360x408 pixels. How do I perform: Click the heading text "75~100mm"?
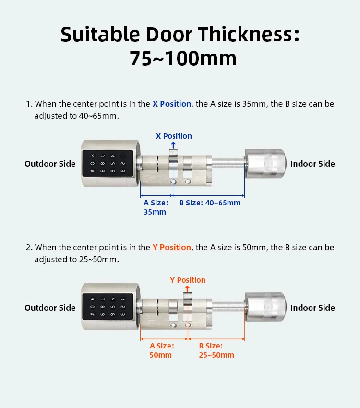[x=183, y=59]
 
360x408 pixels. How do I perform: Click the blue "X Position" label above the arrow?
[x=174, y=136]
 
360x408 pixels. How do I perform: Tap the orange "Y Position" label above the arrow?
[x=188, y=280]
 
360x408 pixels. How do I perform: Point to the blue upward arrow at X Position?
[x=173, y=144]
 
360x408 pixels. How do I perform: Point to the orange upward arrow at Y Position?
[x=187, y=288]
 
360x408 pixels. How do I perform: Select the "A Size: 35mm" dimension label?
[x=156, y=207]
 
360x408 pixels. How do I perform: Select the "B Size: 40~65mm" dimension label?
[x=210, y=203]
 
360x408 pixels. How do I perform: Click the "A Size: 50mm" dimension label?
[x=161, y=350]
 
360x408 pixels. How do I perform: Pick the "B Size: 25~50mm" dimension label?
[x=216, y=350]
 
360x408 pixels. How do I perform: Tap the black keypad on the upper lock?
[x=107, y=164]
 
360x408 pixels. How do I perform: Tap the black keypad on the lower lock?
[x=107, y=308]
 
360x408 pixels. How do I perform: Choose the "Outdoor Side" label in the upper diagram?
[x=50, y=164]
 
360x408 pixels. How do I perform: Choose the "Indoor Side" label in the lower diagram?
[x=312, y=308]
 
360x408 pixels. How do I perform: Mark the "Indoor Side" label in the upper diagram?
[x=312, y=164]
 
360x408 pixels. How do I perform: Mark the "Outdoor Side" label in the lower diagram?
[x=50, y=308]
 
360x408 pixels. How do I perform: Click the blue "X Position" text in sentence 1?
[x=172, y=104]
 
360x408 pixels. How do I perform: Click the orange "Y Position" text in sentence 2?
[x=172, y=247]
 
